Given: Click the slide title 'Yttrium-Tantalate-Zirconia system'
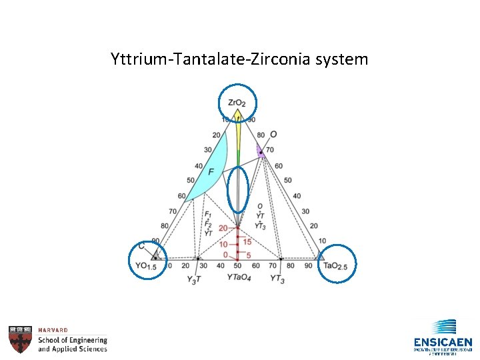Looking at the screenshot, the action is [x=239, y=59].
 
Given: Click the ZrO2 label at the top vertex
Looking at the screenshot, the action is [x=237, y=103].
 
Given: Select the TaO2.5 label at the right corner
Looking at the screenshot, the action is [x=335, y=266].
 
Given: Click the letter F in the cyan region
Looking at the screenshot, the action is [x=211, y=172].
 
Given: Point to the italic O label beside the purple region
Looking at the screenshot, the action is [x=273, y=135].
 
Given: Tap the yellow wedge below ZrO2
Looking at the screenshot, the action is [x=238, y=133].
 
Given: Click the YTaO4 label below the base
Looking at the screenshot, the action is [x=239, y=277].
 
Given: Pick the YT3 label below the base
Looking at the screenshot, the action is [x=278, y=278].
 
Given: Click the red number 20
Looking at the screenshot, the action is [x=223, y=229].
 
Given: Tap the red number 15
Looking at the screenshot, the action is [x=247, y=241].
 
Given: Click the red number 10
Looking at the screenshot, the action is [x=223, y=245].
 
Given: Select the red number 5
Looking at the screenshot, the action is [x=247, y=255].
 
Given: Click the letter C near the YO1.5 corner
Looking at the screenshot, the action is [x=141, y=247].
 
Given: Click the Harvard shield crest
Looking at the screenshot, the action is [x=20, y=339].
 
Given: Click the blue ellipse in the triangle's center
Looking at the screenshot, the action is [x=238, y=189].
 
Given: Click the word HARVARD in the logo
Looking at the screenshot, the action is [x=53, y=330].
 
